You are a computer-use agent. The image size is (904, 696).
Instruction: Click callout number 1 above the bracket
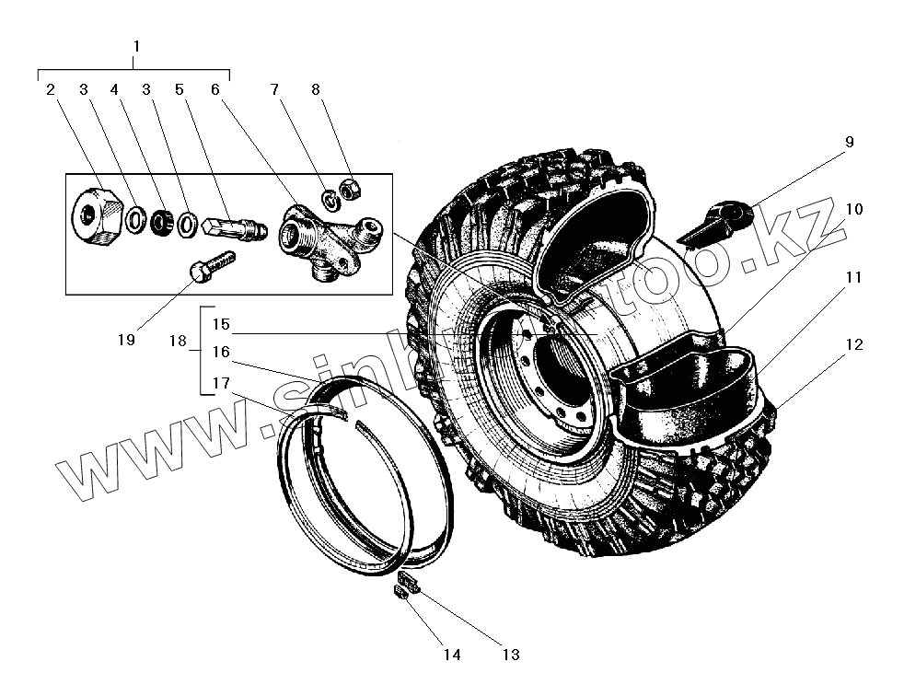136,46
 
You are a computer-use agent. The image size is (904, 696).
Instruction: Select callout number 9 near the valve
849,143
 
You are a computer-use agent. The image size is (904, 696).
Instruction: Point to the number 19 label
126,340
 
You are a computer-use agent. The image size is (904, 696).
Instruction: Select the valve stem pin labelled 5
232,227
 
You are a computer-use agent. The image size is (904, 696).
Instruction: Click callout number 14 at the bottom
451,655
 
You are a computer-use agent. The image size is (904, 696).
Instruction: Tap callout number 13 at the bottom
511,655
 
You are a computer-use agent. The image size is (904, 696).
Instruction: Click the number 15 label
221,325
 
